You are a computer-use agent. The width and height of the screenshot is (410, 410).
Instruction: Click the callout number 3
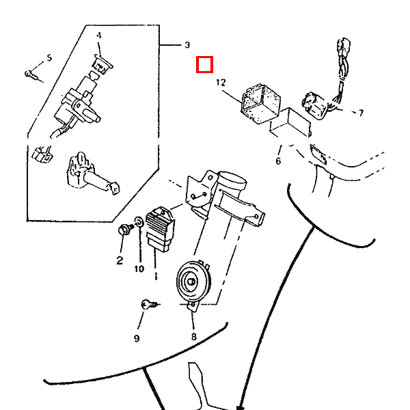tap(187, 45)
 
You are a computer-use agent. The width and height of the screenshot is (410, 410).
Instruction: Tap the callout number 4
tap(98, 35)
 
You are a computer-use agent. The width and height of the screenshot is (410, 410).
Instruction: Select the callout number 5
tap(49, 57)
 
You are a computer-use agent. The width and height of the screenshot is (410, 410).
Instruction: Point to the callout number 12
tap(220, 82)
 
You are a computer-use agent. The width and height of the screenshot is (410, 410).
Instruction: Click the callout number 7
tap(360, 113)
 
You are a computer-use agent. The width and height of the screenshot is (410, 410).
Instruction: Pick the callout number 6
tap(278, 161)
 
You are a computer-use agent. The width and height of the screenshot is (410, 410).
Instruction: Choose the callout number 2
tap(119, 260)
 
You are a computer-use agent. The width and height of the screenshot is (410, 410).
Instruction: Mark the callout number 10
tap(139, 269)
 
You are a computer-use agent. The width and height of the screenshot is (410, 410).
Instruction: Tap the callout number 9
tap(137, 338)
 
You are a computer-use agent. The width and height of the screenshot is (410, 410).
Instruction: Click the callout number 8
tap(193, 337)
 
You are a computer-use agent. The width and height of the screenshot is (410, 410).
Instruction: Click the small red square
tap(204, 65)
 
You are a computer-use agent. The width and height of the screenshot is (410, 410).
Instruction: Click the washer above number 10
tap(139, 222)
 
